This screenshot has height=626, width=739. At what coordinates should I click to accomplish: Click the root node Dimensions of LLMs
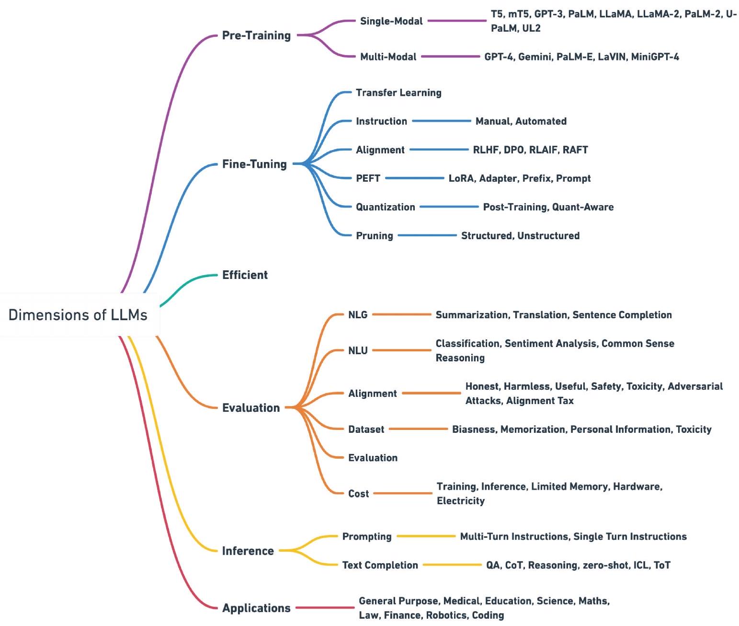pos(78,315)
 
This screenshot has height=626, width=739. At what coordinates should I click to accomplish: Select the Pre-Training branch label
pos(256,35)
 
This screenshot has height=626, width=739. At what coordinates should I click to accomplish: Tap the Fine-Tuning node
pos(254,164)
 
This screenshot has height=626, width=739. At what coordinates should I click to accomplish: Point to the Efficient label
pos(245,275)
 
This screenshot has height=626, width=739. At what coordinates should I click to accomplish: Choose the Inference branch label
pos(248,551)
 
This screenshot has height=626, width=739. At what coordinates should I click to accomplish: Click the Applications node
pos(256,608)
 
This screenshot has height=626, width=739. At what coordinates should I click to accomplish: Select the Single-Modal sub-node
pos(391,21)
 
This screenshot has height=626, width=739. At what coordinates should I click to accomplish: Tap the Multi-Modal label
pos(388,57)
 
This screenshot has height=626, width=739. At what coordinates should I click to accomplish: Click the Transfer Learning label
pos(398,93)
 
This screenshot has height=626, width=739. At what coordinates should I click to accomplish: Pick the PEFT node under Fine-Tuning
pos(368,178)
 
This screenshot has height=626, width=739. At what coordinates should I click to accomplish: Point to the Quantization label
pos(385,207)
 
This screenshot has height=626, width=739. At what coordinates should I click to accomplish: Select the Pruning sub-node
pos(374,235)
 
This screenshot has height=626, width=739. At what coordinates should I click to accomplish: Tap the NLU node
pos(358,350)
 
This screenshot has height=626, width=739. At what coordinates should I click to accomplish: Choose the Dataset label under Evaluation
pos(366,429)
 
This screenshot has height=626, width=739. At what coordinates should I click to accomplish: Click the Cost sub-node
pos(358,493)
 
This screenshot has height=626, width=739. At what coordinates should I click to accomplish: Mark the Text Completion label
pos(380,565)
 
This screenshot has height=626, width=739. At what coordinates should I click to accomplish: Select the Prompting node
pos(366,536)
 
